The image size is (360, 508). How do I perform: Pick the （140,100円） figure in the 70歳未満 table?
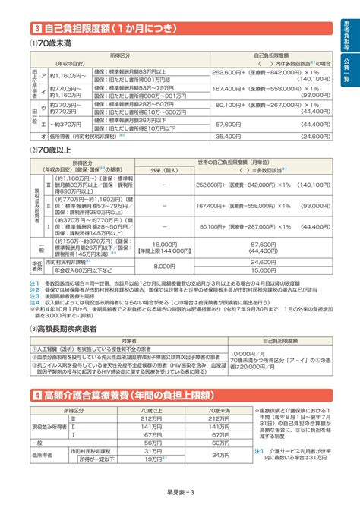(298, 78)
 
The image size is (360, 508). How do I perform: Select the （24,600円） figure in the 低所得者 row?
(298, 136)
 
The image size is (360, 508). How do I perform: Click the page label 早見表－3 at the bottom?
(179, 494)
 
